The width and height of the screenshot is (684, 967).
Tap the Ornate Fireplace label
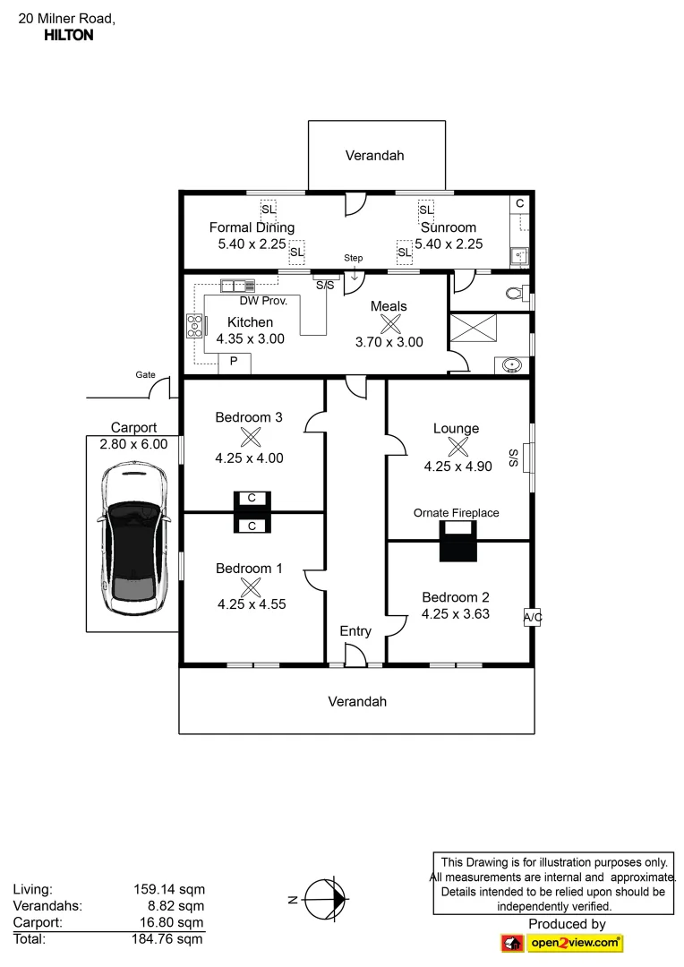click(x=456, y=513)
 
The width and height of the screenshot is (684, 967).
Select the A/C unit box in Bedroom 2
click(x=533, y=618)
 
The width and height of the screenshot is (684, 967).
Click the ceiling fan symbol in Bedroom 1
click(x=252, y=586)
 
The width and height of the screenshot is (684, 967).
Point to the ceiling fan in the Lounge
click(x=457, y=447)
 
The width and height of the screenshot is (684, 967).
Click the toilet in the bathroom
click(x=514, y=292)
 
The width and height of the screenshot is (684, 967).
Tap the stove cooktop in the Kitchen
click(x=193, y=326)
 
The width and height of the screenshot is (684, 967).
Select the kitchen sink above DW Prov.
click(x=238, y=286)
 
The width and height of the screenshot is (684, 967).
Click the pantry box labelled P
click(x=234, y=362)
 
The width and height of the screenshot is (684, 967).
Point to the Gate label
click(x=145, y=375)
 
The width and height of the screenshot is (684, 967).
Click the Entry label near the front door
click(x=355, y=631)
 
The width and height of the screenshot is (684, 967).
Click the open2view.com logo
click(x=561, y=943)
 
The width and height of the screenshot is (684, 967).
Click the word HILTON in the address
click(x=68, y=36)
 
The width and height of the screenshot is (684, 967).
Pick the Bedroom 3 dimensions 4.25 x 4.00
click(x=249, y=458)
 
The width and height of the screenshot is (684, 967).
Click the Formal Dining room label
click(x=252, y=227)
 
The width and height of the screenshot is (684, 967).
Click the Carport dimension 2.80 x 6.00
click(x=133, y=444)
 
